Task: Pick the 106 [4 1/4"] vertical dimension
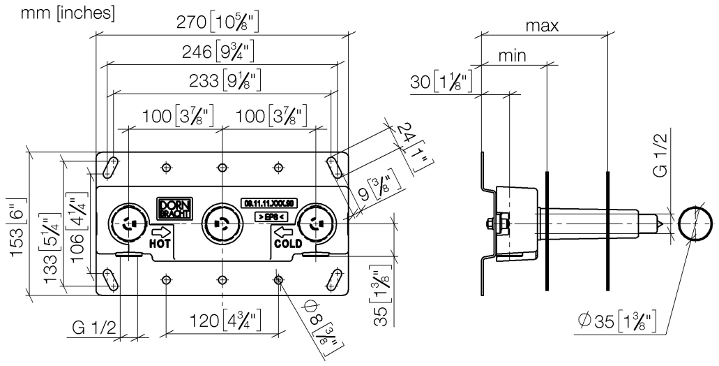(x=78, y=223)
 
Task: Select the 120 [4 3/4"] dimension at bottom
(x=221, y=322)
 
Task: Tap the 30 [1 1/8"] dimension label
(x=441, y=82)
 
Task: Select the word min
(x=513, y=55)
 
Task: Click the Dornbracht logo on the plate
(x=169, y=206)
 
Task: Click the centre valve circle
(x=221, y=225)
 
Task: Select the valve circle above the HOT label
(x=128, y=225)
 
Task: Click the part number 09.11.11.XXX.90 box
(x=270, y=203)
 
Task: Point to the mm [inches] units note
(x=60, y=13)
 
